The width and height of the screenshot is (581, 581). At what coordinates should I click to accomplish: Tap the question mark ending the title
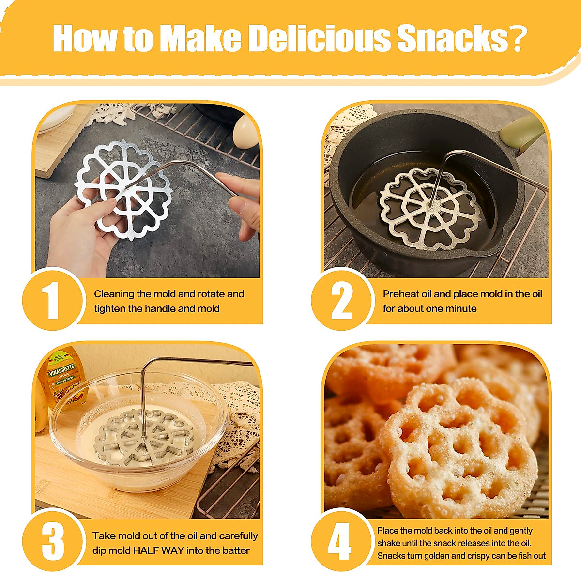pyautogui.click(x=517, y=38)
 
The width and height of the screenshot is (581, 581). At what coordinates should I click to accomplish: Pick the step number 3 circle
pyautogui.click(x=52, y=541)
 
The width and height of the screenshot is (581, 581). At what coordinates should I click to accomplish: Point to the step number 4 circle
pyautogui.click(x=340, y=541)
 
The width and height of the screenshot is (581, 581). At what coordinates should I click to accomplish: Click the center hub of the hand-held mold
pyautogui.click(x=124, y=187)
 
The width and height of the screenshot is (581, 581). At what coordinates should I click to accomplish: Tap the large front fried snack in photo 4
pyautogui.click(x=458, y=448)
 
